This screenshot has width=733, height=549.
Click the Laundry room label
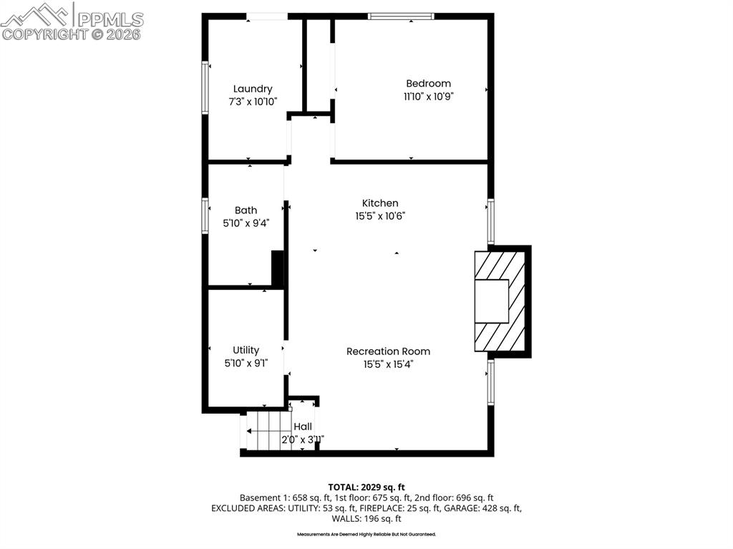(252, 89)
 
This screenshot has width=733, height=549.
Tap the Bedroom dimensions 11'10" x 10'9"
(428, 97)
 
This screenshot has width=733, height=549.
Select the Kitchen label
(379, 203)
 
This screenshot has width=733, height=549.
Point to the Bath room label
(246, 210)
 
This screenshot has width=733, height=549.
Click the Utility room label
(246, 350)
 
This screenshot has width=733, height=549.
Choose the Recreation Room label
(388, 351)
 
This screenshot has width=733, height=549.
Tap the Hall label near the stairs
(302, 427)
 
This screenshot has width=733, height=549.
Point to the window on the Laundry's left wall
(205, 88)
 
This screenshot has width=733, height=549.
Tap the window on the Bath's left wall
(205, 216)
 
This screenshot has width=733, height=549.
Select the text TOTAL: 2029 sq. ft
(366, 487)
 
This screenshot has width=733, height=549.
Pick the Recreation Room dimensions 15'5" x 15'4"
(388, 364)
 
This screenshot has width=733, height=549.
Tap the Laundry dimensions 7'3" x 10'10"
(252, 102)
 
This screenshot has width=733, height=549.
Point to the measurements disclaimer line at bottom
(366, 534)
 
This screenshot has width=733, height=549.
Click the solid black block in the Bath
(278, 269)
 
